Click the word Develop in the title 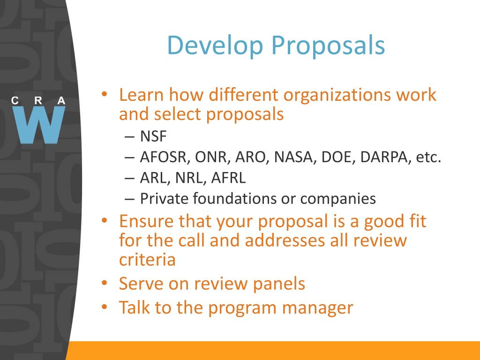(x=215, y=46)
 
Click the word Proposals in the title (x=328, y=45)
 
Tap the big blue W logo (x=39, y=125)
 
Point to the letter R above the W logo (x=38, y=100)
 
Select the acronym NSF (x=153, y=136)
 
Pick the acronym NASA (x=295, y=157)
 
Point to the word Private (x=164, y=198)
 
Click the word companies (x=338, y=199)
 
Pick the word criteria (x=147, y=260)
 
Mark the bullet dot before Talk (x=105, y=307)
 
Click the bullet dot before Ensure (x=105, y=220)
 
